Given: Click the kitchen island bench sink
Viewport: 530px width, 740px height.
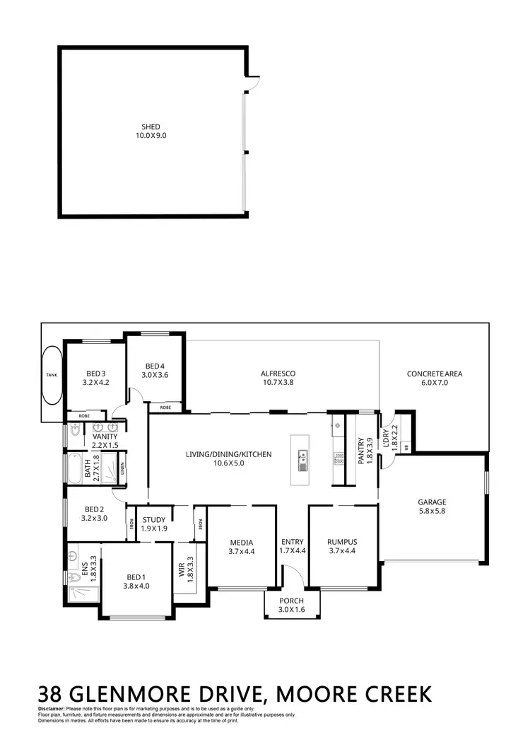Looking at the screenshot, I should (303, 460).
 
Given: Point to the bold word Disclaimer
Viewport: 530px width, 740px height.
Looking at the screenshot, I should (50, 708).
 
